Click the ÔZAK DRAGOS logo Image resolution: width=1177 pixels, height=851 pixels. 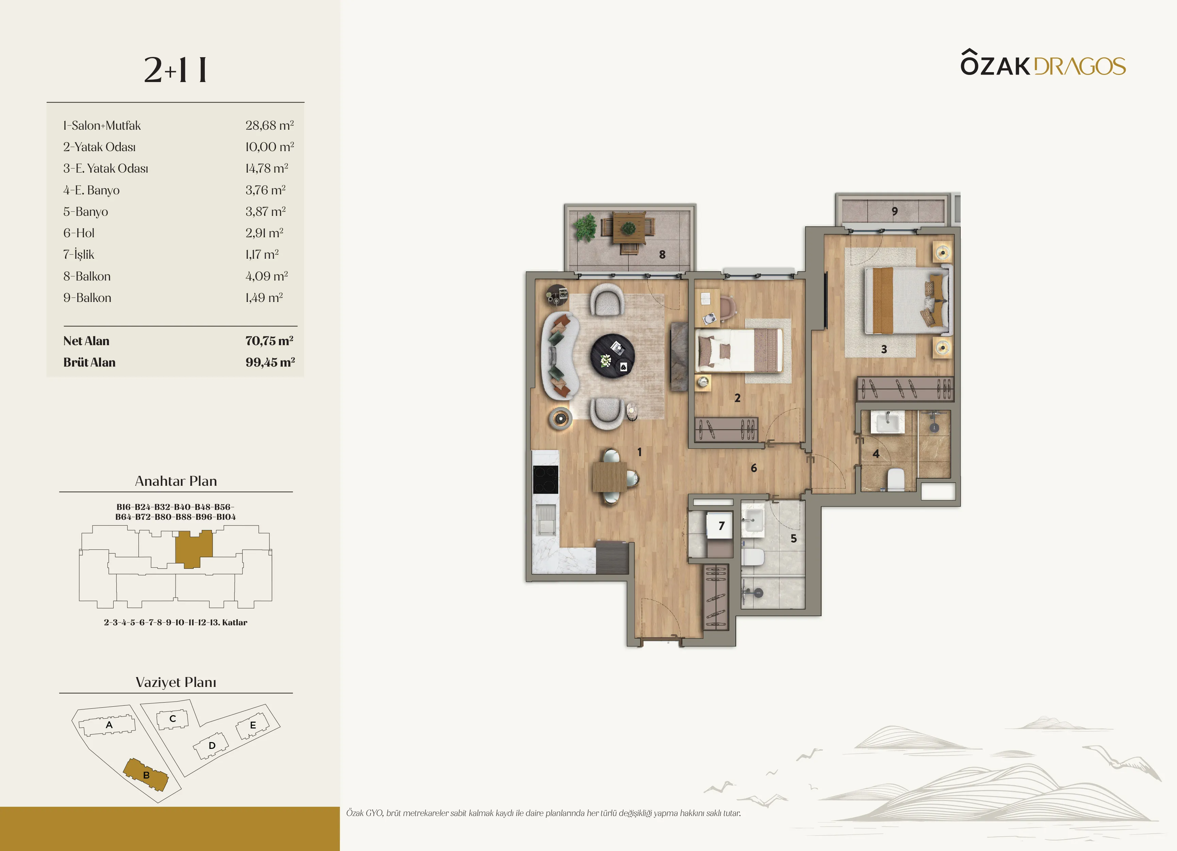(1043, 63)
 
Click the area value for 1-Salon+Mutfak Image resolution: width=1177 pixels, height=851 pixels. (269, 125)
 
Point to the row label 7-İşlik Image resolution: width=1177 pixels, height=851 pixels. (79, 254)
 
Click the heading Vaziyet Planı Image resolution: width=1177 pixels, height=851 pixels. (176, 682)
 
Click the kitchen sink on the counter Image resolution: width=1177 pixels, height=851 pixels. (545, 519)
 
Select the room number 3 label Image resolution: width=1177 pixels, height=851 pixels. (884, 350)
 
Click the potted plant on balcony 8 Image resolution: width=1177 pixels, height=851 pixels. (586, 227)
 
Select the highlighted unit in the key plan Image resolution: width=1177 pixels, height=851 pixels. (194, 548)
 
